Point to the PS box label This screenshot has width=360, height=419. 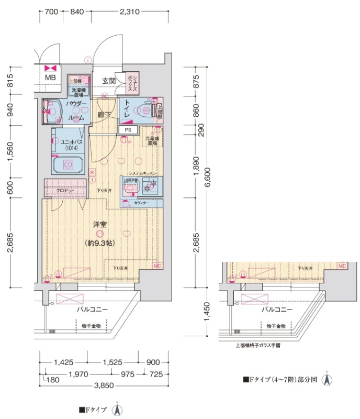pyautogui.click(x=128, y=130)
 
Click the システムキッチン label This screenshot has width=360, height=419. pyautogui.click(x=142, y=173)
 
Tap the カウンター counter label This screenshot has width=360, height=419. pyautogui.click(x=141, y=203)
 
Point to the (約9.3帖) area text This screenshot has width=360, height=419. pyautogui.click(x=100, y=243)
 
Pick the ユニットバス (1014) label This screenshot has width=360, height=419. pyautogui.click(x=67, y=145)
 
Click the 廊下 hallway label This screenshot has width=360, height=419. pyautogui.click(x=103, y=115)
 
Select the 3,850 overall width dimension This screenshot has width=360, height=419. pyautogui.click(x=104, y=385)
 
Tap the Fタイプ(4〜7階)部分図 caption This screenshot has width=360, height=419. pyautogui.click(x=280, y=380)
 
